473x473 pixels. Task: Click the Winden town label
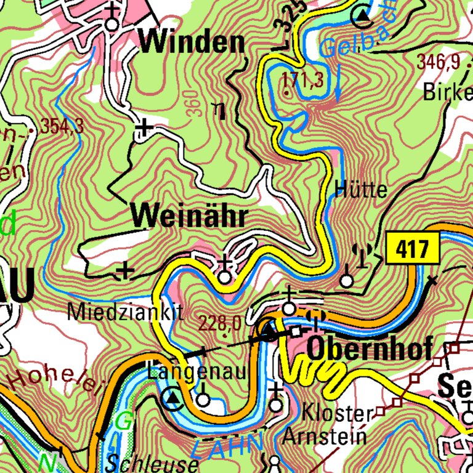click(192, 43)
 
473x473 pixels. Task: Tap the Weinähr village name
click(189, 216)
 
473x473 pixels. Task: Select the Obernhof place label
click(368, 349)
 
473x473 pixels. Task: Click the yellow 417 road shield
click(413, 250)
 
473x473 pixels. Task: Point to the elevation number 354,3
click(62, 126)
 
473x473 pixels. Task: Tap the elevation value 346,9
click(439, 62)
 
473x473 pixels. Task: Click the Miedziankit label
click(126, 312)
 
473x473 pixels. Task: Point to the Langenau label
click(196, 371)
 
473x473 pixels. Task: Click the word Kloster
click(338, 414)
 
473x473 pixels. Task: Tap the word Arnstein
click(325, 437)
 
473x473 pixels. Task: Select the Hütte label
click(361, 189)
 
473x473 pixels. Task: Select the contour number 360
click(192, 103)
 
